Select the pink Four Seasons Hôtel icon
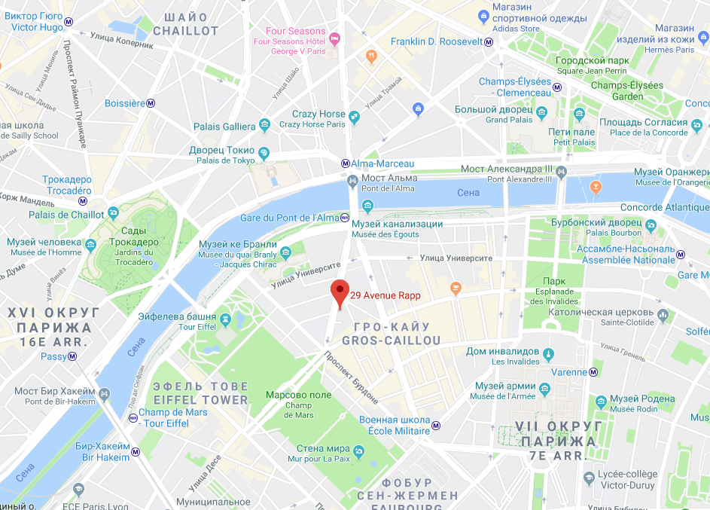[336, 37]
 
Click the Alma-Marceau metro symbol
[345, 163]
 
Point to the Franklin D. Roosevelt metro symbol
[489, 42]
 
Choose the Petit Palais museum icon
[579, 115]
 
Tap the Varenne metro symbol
[594, 371]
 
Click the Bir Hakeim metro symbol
[136, 452]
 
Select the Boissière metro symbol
[151, 103]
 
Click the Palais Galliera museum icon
[264, 126]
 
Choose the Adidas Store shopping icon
[483, 16]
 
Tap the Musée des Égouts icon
[367, 206]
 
